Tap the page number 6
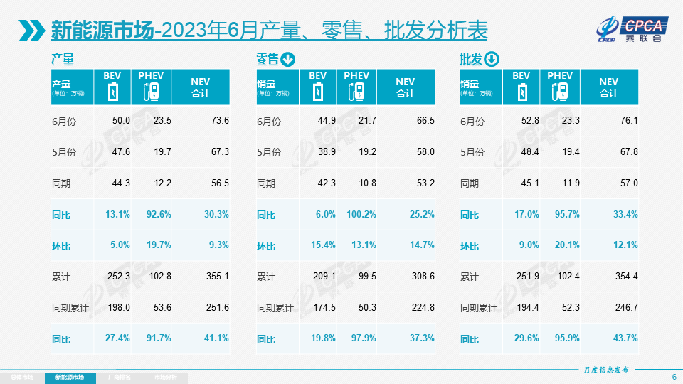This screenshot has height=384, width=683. [674, 376]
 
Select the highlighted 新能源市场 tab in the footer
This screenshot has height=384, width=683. [74, 377]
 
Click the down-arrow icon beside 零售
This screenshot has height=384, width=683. [287, 59]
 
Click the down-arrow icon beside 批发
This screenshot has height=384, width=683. [492, 59]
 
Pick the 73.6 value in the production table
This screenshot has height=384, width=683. [219, 121]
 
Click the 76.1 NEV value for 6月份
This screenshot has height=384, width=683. [628, 121]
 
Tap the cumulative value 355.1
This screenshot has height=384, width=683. [216, 277]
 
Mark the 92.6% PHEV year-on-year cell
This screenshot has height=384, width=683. [157, 215]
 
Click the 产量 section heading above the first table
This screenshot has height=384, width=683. [63, 59]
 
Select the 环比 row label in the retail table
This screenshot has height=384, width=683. [266, 246]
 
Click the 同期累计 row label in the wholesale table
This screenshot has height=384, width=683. [479, 308]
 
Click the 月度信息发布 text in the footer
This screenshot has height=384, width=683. [606, 370]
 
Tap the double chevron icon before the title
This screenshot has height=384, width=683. [33, 30]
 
